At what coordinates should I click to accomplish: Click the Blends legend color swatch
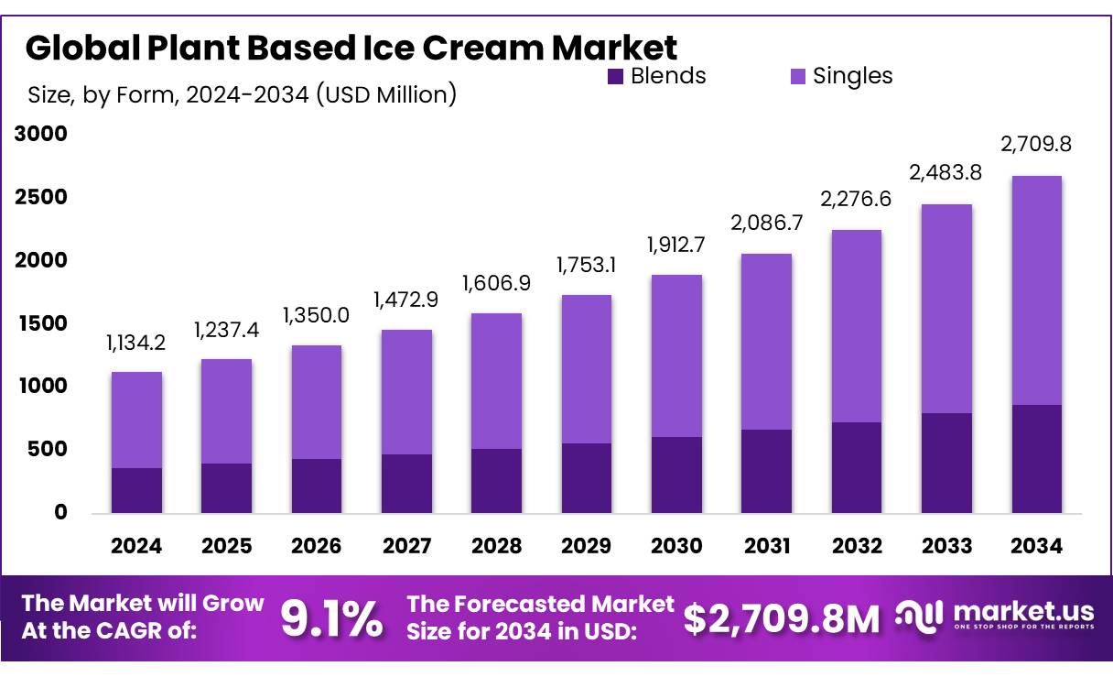click(615, 76)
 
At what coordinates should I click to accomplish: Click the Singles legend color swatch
click(797, 76)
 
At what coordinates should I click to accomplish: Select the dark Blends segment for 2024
click(136, 490)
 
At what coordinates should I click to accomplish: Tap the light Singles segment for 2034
click(1037, 290)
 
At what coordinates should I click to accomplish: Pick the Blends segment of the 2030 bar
click(677, 475)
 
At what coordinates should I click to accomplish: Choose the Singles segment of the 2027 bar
click(406, 392)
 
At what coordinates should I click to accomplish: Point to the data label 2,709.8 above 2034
click(1037, 144)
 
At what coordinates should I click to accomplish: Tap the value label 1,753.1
click(587, 266)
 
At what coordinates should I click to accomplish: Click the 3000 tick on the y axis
click(40, 135)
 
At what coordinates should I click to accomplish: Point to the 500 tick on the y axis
click(47, 450)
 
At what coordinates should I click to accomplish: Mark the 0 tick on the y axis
click(60, 513)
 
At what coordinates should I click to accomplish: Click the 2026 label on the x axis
click(317, 547)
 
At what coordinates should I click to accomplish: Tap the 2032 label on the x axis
click(858, 547)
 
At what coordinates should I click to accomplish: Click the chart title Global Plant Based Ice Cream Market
click(351, 47)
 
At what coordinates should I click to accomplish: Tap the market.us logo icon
click(918, 617)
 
